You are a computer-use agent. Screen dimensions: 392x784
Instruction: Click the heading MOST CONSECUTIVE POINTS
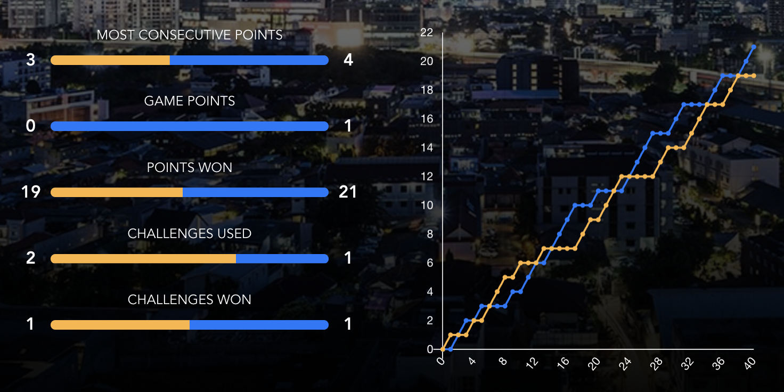pyautogui.click(x=190, y=36)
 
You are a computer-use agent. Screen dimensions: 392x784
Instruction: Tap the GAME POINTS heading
pyautogui.click(x=190, y=101)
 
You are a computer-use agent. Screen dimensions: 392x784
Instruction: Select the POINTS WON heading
pyautogui.click(x=190, y=168)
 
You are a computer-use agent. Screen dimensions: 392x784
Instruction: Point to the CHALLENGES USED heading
pyautogui.click(x=190, y=234)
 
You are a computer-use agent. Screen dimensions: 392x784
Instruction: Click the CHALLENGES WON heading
pyautogui.click(x=190, y=300)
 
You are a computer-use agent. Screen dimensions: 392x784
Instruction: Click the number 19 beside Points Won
pyautogui.click(x=31, y=192)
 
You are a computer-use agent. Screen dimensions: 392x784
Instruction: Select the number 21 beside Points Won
pyautogui.click(x=348, y=192)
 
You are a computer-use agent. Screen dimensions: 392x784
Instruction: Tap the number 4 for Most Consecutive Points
pyautogui.click(x=348, y=60)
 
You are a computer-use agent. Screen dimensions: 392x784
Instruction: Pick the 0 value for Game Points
pyautogui.click(x=31, y=126)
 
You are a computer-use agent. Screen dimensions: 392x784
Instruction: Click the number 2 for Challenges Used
pyautogui.click(x=31, y=258)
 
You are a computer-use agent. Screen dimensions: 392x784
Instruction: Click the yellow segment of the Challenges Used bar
pyautogui.click(x=144, y=258)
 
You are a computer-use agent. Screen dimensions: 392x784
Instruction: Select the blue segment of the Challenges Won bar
pyautogui.click(x=258, y=325)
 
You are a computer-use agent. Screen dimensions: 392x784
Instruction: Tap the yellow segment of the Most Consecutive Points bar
pyautogui.click(x=111, y=60)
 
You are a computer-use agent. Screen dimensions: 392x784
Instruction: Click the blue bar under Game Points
pyautogui.click(x=190, y=126)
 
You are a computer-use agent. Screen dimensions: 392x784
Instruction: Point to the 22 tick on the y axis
pyautogui.click(x=427, y=32)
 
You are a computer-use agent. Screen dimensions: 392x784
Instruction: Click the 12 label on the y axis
pyautogui.click(x=427, y=176)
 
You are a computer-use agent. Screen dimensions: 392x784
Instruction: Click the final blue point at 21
pyautogui.click(x=754, y=47)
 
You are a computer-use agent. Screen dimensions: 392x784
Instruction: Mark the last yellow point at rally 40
pyautogui.click(x=754, y=76)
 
